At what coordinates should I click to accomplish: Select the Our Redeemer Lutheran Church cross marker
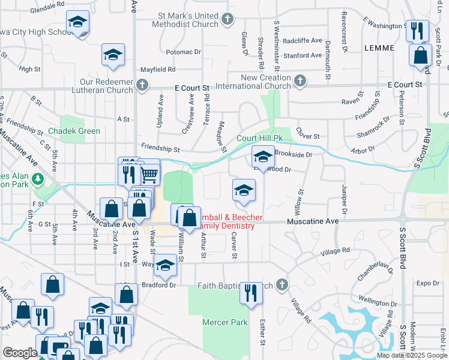coord(142,84)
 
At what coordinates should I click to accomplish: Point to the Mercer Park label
coord(225,322)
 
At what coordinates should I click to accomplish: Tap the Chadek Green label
coord(75,131)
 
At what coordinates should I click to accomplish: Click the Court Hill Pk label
coord(259,138)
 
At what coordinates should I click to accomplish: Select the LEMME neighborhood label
coord(379,47)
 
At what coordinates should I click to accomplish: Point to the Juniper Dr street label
coord(345,199)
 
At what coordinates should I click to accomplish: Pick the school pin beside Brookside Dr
coord(262,156)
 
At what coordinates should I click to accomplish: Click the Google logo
coord(20,353)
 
